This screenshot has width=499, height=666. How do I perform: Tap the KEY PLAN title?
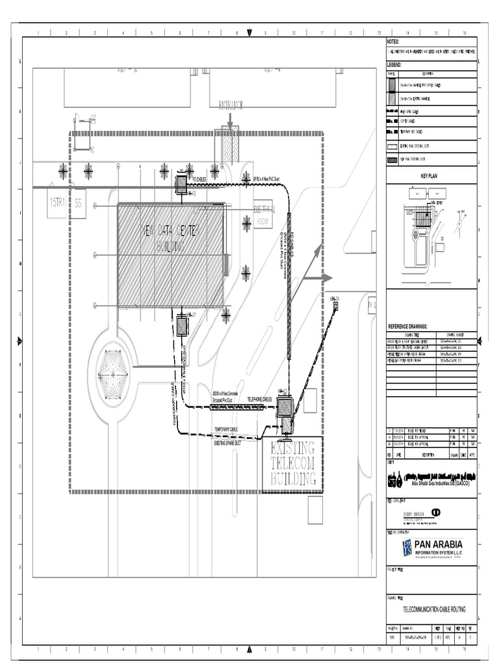click(430, 176)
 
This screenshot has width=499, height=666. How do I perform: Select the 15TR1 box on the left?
click(57, 202)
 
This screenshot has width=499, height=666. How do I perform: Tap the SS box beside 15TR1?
click(79, 202)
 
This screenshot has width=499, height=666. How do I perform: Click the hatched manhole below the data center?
click(182, 325)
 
